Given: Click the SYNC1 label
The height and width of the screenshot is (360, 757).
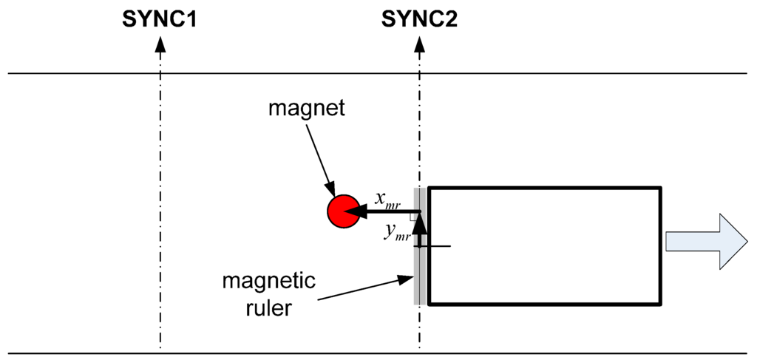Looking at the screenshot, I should point(159,20).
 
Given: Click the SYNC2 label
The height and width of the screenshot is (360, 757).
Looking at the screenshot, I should point(419,20).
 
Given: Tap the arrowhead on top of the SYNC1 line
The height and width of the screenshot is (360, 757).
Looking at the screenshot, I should point(160,44).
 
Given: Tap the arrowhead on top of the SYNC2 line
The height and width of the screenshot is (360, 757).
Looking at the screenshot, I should point(419,44).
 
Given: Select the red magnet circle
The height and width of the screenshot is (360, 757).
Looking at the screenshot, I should point(342,211).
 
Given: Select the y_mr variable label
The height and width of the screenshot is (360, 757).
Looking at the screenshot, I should point(398,231).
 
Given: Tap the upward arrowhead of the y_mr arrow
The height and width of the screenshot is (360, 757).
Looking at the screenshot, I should point(419,223).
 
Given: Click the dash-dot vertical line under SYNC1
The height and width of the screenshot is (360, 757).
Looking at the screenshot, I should point(160,222).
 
